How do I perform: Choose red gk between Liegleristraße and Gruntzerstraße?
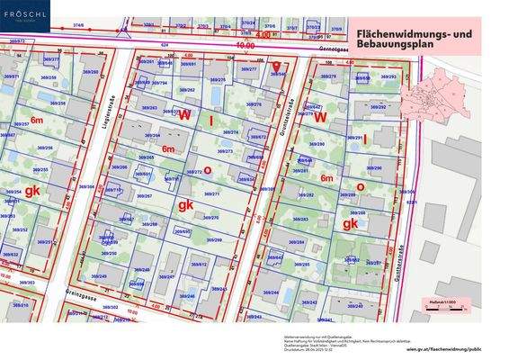coord(185,205)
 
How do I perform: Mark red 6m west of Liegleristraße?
coord(37,119)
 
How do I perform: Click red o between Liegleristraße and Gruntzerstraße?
coord(208,169)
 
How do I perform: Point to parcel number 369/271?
coord(210,193)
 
